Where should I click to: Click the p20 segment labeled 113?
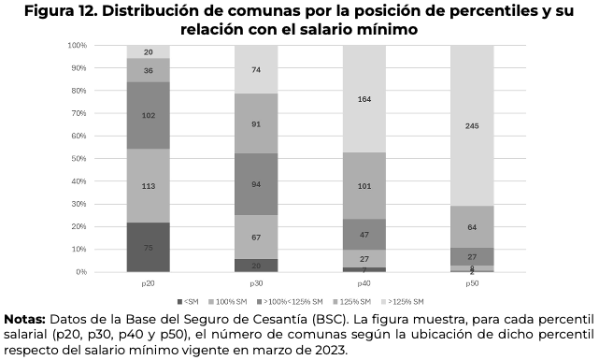tap(148, 185)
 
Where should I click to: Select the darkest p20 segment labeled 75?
tap(148, 247)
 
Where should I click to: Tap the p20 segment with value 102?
tap(148, 115)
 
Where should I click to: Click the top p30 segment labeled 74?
tap(256, 70)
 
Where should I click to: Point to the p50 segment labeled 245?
tap(472, 125)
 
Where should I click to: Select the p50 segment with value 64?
tap(472, 226)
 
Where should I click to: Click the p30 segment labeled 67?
tap(256, 237)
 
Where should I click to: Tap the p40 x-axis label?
tap(364, 281)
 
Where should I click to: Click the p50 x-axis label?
tap(472, 281)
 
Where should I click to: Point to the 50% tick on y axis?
tap(78, 158)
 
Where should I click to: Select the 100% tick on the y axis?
tap(77, 45)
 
